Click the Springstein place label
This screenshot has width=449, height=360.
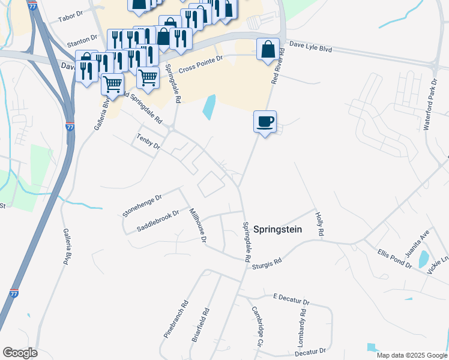(x=277, y=229)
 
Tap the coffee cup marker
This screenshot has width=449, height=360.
(x=265, y=122)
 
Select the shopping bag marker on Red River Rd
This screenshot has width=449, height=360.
(x=268, y=50)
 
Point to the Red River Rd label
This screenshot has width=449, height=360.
(x=277, y=65)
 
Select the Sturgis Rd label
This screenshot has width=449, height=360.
(x=267, y=259)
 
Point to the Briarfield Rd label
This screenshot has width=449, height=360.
(x=201, y=325)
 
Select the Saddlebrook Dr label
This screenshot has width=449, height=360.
(x=158, y=221)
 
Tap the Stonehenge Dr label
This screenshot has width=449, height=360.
(x=142, y=205)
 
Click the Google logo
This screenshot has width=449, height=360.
(x=20, y=353)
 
